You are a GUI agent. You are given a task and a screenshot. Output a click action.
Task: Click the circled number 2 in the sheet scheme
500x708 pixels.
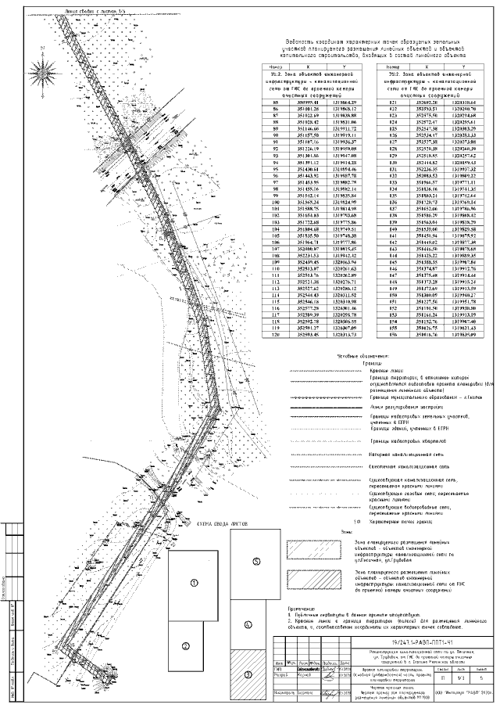186,645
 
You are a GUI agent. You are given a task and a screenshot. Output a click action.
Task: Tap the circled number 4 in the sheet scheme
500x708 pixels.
247,624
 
